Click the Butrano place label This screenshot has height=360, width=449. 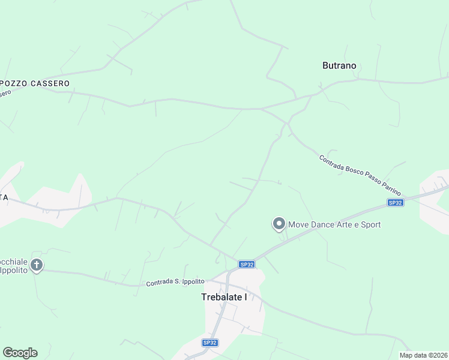tap(339, 66)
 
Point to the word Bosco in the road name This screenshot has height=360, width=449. tap(352, 170)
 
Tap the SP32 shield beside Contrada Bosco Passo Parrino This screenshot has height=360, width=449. tap(395, 203)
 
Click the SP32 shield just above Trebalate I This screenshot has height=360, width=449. tap(246, 264)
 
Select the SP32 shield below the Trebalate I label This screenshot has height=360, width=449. tap(209, 343)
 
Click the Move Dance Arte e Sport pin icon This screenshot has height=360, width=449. tap(279, 224)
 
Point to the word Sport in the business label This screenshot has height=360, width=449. tap(370, 225)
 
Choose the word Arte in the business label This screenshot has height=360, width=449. tap(345, 225)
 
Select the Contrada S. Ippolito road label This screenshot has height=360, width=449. tap(175, 282)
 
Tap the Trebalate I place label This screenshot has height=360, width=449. tap(224, 297)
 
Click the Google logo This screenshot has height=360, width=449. tap(20, 353)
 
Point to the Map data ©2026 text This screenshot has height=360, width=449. tap(423, 355)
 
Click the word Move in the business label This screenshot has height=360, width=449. tap(299, 225)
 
